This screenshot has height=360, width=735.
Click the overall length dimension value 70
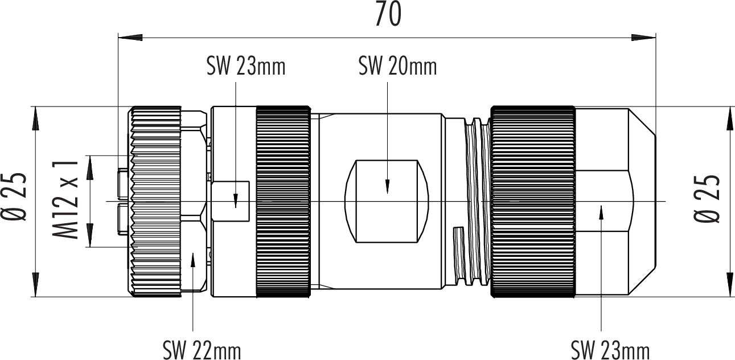[388, 15]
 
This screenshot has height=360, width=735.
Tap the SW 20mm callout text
[398, 66]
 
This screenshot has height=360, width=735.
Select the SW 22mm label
[202, 351]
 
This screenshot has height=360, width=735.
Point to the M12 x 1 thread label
[66, 200]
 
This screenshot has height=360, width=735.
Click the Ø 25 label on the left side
[14, 197]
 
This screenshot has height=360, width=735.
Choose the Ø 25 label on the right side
[707, 199]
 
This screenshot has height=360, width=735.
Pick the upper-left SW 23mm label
[246, 66]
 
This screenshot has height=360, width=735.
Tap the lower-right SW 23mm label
[610, 351]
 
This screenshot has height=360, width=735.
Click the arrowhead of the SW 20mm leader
[388, 186]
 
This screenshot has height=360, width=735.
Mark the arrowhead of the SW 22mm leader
[193, 260]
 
